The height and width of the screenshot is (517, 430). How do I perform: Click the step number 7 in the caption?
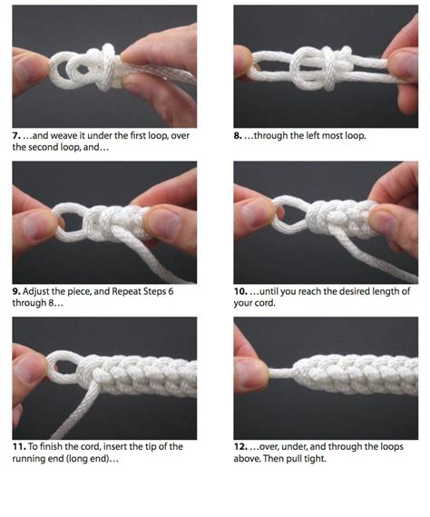tap(16, 136)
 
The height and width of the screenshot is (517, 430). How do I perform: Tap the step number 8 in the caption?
tap(239, 136)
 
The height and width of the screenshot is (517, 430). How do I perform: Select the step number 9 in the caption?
tap(16, 292)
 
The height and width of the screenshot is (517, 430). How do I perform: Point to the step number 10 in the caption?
tap(241, 292)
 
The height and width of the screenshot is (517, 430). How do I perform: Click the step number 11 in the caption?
tap(18, 447)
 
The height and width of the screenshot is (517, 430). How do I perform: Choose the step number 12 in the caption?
tap(241, 447)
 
